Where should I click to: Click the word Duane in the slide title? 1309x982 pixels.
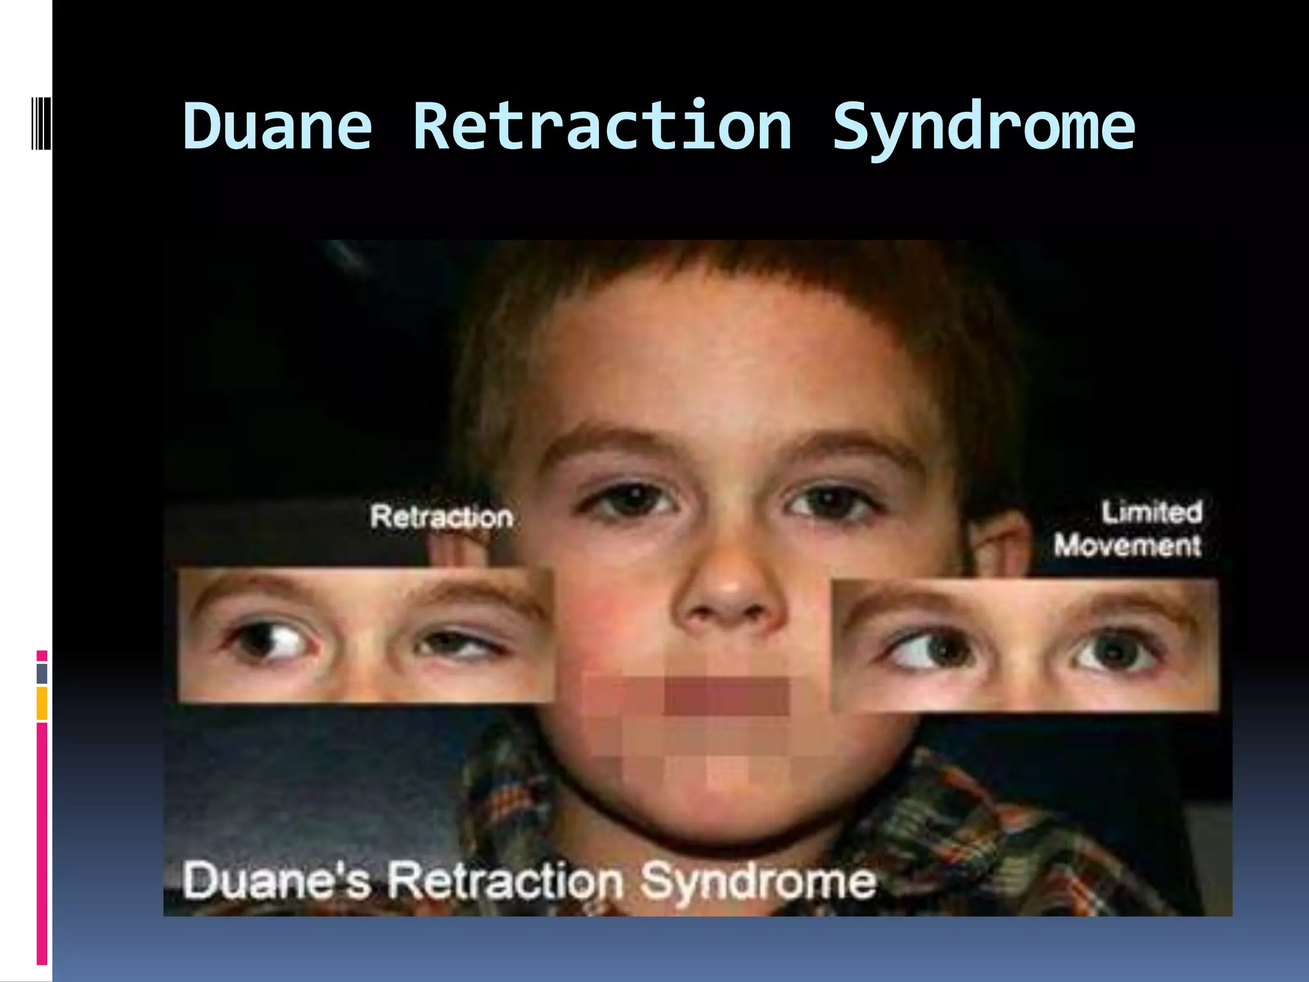[x=277, y=127]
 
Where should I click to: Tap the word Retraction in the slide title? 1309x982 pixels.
[x=602, y=127]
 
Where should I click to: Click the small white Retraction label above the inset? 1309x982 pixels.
[x=441, y=517]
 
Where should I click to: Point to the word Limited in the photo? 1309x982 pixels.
[x=1151, y=512]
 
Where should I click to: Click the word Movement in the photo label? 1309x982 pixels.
[x=1127, y=546]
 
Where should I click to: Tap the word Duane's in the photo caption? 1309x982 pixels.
[x=276, y=881]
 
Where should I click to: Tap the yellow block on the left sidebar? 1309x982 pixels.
[x=42, y=703]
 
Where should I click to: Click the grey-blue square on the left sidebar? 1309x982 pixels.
[x=42, y=673]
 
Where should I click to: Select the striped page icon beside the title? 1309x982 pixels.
[x=41, y=123]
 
